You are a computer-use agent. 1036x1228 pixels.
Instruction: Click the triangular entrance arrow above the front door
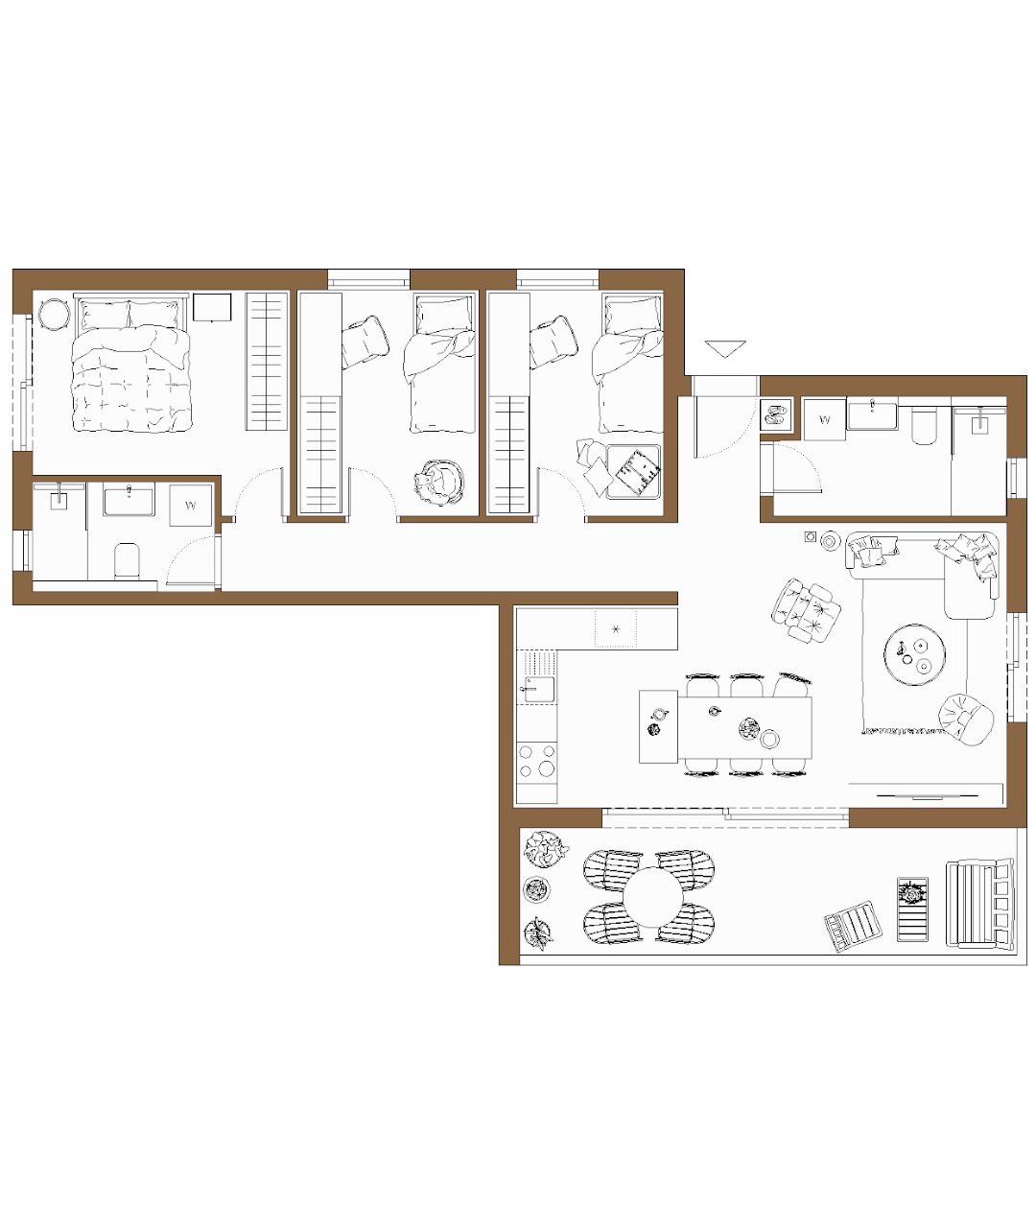pos(725,347)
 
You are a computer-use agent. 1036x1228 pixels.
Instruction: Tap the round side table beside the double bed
pos(54,314)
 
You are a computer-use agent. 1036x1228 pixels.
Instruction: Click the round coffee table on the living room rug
pos(914,654)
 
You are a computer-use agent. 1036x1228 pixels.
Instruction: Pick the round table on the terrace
pos(652,897)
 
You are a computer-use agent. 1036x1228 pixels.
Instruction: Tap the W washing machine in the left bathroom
pos(191,506)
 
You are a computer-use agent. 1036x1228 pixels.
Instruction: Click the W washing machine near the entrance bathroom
pos(824,420)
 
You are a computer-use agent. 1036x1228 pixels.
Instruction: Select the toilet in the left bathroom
pos(127,561)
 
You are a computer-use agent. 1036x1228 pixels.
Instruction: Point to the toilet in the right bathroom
pos(924,426)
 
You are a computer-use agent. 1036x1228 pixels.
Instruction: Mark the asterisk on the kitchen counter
pos(616,629)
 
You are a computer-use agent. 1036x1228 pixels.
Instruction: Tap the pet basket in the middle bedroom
pos(439,483)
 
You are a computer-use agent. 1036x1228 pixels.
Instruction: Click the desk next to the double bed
pos(212,307)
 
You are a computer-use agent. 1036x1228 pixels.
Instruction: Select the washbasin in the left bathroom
pos(129,499)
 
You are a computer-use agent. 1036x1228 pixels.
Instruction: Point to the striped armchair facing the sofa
pos(806,610)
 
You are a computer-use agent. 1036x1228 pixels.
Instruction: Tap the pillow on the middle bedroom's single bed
pos(444,315)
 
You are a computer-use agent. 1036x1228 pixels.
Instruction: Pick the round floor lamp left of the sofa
pos(830,541)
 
